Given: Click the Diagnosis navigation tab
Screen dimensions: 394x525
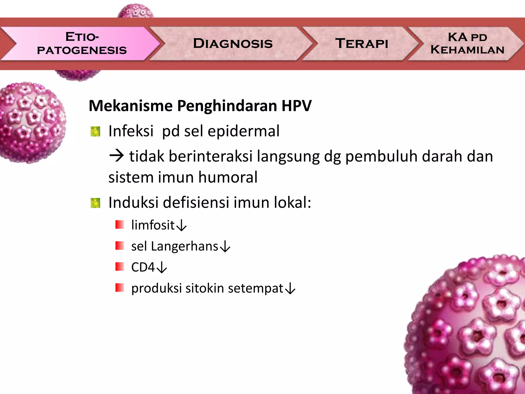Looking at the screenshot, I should point(233,43).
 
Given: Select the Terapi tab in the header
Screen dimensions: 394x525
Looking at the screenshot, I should point(361,43).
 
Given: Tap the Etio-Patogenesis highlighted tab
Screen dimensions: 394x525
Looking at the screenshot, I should point(82,43).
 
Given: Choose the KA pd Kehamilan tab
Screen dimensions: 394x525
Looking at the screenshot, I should point(467,43).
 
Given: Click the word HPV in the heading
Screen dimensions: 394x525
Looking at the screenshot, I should point(296,106).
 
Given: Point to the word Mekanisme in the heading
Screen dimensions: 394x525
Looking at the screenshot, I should point(130,106).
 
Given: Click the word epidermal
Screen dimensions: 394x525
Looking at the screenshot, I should point(243,131).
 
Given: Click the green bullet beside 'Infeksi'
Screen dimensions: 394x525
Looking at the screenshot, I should point(95,132).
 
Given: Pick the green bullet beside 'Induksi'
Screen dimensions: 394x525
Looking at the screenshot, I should point(95,203).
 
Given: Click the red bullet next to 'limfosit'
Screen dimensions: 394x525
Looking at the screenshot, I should point(120,225).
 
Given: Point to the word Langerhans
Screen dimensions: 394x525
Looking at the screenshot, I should point(184,246).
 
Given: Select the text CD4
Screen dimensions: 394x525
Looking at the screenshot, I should point(143,267).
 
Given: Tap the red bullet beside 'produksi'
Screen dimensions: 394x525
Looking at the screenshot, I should point(120,288).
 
